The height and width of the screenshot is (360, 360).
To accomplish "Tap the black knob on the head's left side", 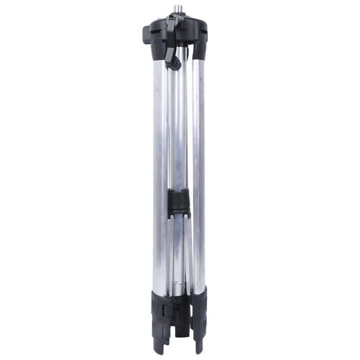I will coord(146,35).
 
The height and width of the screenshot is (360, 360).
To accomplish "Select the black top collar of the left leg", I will coord(158,49).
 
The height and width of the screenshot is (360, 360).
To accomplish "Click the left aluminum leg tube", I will coord(160,171).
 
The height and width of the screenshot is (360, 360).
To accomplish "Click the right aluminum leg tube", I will coord(198,171).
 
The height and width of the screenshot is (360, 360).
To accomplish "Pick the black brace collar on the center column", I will coord(179,200).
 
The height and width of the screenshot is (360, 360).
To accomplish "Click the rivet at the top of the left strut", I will coord(171,219).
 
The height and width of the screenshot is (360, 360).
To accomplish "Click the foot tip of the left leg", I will coord(159,348).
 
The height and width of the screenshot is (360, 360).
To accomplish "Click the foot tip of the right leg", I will coord(199,348).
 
